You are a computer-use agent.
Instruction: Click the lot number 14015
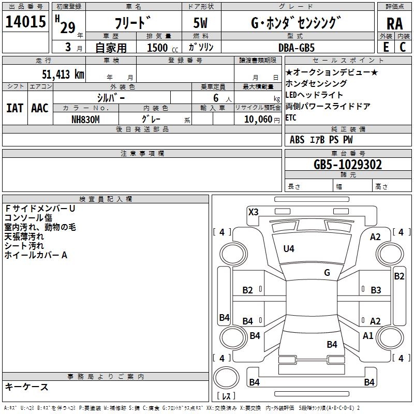[25, 21]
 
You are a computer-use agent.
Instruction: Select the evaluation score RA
[394, 24]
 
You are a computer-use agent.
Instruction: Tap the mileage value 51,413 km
[63, 74]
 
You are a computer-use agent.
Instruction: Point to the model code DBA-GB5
[297, 48]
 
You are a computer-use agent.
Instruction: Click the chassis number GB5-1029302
[347, 165]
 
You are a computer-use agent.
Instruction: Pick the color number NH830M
[85, 120]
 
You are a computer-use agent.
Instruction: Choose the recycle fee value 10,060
[258, 120]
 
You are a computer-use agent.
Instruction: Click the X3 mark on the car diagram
[253, 212]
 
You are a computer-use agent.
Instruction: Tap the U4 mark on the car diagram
[289, 249]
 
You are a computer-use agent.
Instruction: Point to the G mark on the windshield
[327, 273]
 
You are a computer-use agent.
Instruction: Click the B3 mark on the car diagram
[376, 290]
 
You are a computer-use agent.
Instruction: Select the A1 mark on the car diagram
[368, 335]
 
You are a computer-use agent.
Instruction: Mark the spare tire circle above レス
[226, 377]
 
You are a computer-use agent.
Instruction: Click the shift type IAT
[15, 108]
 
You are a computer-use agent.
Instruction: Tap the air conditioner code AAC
[40, 108]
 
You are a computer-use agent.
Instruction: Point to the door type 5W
[200, 23]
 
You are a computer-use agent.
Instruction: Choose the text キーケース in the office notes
[26, 387]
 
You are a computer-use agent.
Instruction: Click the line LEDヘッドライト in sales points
[314, 95]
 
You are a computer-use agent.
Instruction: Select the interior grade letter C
[403, 47]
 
